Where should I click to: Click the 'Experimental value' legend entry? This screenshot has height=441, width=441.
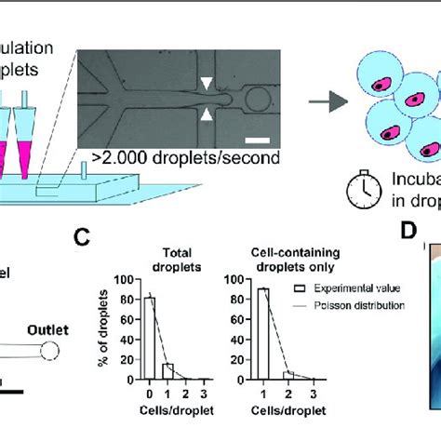coord(349,290)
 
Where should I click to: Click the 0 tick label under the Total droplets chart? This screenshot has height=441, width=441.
coord(150,382)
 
